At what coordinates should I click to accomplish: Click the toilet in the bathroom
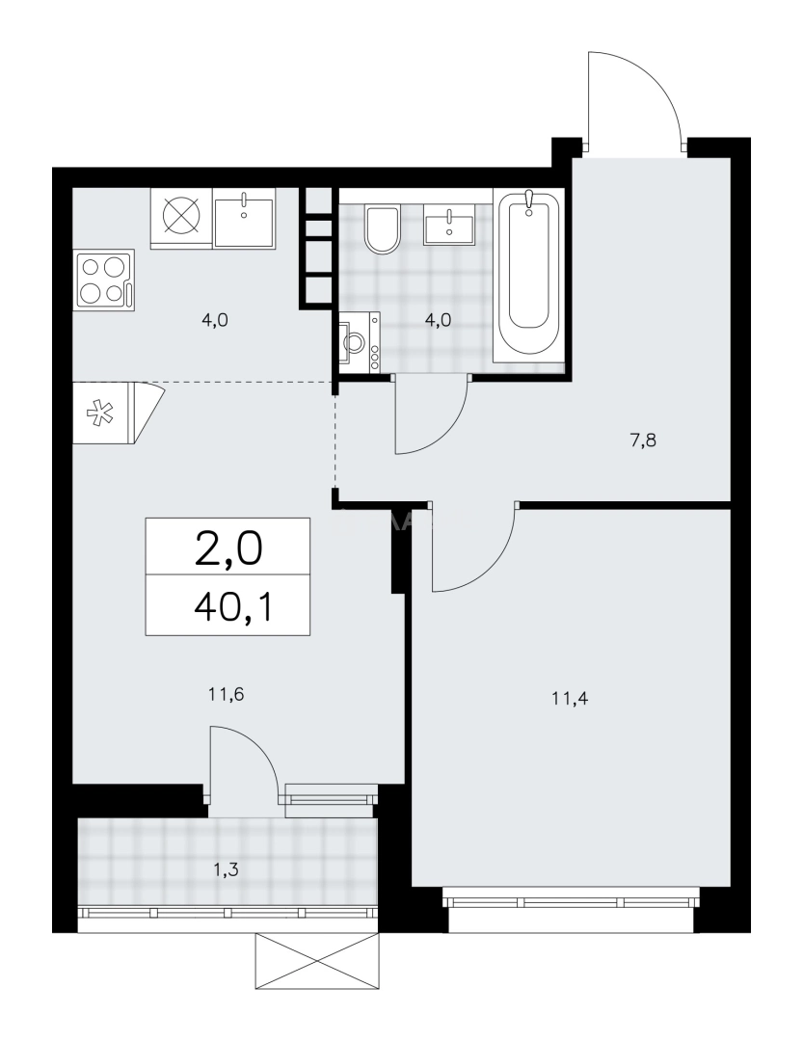382,228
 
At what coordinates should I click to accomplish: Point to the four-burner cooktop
106,279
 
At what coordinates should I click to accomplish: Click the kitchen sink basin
245,219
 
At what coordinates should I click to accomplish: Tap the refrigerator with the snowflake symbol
118,413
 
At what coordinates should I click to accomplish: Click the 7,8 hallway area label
643,440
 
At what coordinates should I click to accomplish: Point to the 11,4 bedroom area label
570,699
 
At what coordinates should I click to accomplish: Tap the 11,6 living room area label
226,695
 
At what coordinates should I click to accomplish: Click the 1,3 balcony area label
226,869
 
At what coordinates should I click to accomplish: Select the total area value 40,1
234,607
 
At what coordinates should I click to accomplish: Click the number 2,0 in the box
228,549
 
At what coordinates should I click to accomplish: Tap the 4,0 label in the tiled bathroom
438,321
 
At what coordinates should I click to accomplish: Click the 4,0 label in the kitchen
215,320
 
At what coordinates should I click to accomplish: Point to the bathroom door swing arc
447,434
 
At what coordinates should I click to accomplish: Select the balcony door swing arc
262,750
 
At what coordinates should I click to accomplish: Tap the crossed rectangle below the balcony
317,961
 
